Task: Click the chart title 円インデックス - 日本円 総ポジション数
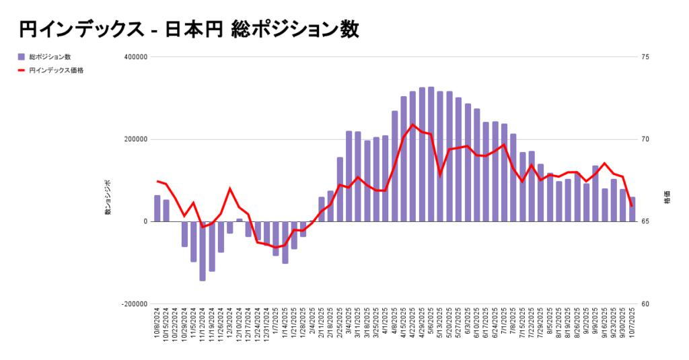point(188,30)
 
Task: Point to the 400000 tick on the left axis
point(135,57)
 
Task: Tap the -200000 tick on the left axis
point(134,303)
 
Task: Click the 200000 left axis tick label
point(135,139)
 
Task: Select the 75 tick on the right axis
point(645,57)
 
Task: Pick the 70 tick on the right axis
point(645,139)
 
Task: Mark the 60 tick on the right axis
point(645,303)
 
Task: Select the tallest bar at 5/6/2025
point(431,154)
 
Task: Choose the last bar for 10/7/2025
point(632,209)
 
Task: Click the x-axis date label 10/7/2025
point(632,326)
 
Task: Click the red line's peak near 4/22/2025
point(412,124)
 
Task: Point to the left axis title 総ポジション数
point(108,197)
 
